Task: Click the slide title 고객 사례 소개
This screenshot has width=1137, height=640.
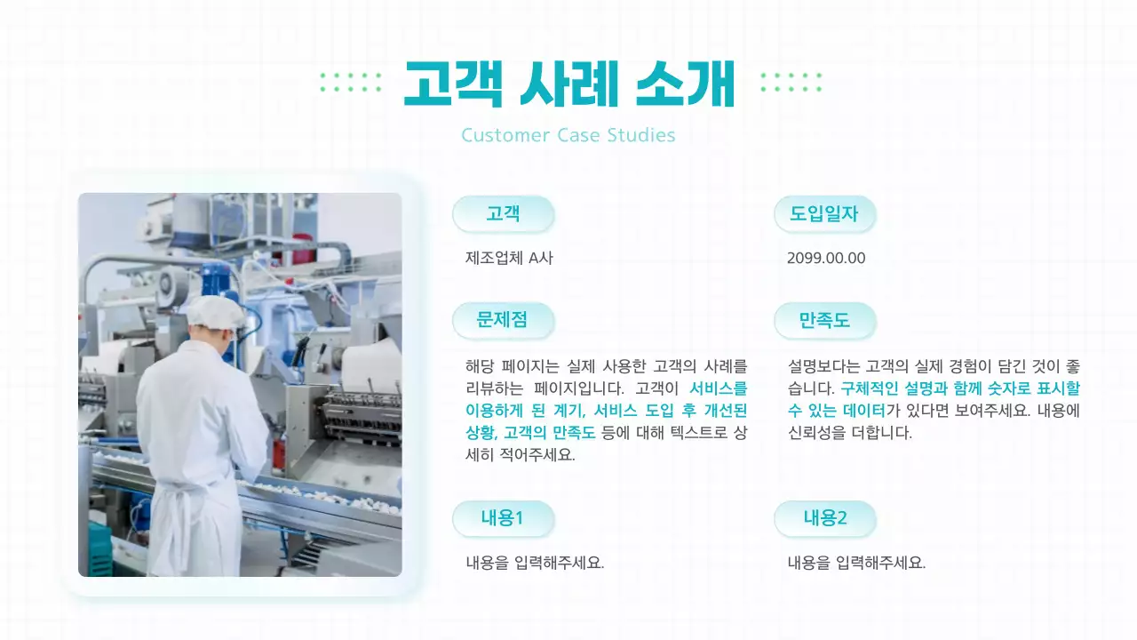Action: point(569,84)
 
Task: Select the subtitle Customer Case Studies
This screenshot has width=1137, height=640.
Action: point(568,135)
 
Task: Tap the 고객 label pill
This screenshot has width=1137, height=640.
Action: point(503,214)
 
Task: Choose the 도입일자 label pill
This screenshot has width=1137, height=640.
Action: point(824,214)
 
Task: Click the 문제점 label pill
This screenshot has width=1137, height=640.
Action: point(503,320)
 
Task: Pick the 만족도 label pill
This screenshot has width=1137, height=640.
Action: point(824,320)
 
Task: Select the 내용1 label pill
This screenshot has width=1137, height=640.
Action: point(503,518)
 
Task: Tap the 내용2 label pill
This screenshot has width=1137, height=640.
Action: point(824,518)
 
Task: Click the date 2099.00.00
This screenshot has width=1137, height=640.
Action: point(826,258)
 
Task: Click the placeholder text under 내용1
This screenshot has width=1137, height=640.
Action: point(535,563)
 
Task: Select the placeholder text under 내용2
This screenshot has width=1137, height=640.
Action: point(856,563)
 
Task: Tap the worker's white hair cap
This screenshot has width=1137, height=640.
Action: point(216,312)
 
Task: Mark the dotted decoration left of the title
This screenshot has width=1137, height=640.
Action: point(350,83)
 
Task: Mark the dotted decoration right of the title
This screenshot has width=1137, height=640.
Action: point(791,83)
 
